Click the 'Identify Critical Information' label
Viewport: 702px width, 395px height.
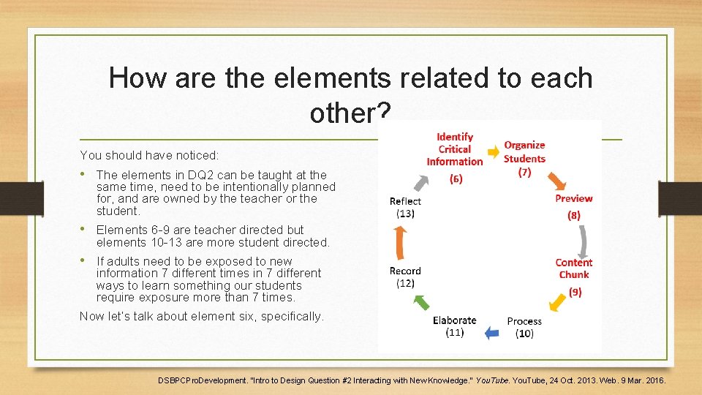[455, 149]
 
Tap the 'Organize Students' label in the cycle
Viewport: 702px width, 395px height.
[524, 151]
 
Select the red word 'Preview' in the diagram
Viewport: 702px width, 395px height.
[573, 198]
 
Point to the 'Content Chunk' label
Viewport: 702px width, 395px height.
[574, 268]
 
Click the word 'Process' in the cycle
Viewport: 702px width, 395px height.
[524, 321]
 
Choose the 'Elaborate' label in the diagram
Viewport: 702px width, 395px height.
[454, 320]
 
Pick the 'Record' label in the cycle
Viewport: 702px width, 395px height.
[405, 271]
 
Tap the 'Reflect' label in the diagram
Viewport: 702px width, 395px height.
[405, 201]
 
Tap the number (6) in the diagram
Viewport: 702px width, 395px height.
[456, 178]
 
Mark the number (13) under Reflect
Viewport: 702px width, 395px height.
[405, 214]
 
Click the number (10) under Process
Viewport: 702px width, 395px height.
[524, 334]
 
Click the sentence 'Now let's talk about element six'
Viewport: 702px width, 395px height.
[201, 317]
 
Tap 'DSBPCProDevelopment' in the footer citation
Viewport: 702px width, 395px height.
[203, 380]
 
